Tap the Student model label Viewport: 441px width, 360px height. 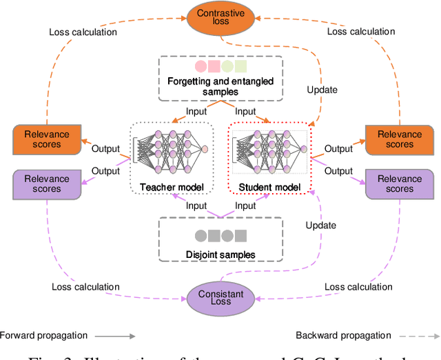(271, 187)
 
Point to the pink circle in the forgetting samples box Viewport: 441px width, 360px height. (201, 67)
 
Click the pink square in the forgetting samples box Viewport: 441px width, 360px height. (214, 67)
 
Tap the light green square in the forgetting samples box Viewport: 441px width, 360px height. (240, 67)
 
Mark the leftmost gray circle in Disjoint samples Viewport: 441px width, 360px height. (201, 236)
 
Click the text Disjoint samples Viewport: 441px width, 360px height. (220, 254)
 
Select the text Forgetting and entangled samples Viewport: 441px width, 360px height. (220, 86)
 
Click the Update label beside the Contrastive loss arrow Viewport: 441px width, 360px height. (321, 90)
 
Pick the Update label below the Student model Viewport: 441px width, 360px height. (321, 225)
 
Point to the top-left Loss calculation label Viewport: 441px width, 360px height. (83, 31)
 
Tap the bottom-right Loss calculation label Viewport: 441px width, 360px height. (358, 287)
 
